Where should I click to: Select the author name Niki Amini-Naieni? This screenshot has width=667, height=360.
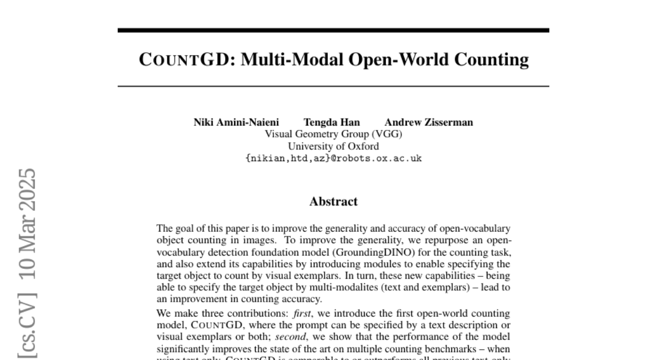pos(236,123)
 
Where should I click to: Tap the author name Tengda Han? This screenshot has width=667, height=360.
pos(331,123)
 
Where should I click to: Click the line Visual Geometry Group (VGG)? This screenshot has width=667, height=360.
pos(333,134)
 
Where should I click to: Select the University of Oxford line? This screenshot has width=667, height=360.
pos(333,146)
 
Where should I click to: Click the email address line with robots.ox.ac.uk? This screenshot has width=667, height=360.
pos(333,158)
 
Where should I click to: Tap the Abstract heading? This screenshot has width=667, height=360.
pos(333,202)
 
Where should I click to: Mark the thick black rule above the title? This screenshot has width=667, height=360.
pos(333,30)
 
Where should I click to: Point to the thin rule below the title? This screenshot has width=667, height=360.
pos(333,86)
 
